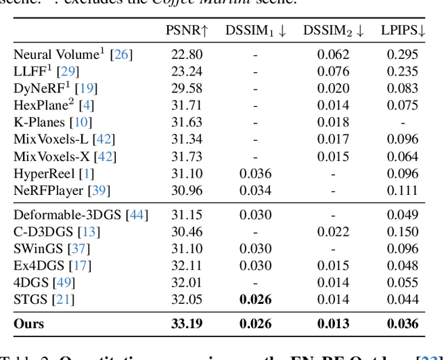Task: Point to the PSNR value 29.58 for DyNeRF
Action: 185,88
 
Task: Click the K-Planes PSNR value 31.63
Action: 185,122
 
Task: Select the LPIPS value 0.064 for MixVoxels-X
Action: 403,157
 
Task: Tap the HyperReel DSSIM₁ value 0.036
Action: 255,173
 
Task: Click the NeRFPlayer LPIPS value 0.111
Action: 403,191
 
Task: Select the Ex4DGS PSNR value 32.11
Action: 185,266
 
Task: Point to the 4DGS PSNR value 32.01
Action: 185,283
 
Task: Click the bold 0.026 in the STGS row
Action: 255,300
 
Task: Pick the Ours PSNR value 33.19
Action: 185,323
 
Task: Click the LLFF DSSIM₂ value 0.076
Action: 332,71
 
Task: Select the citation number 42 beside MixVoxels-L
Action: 104,139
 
